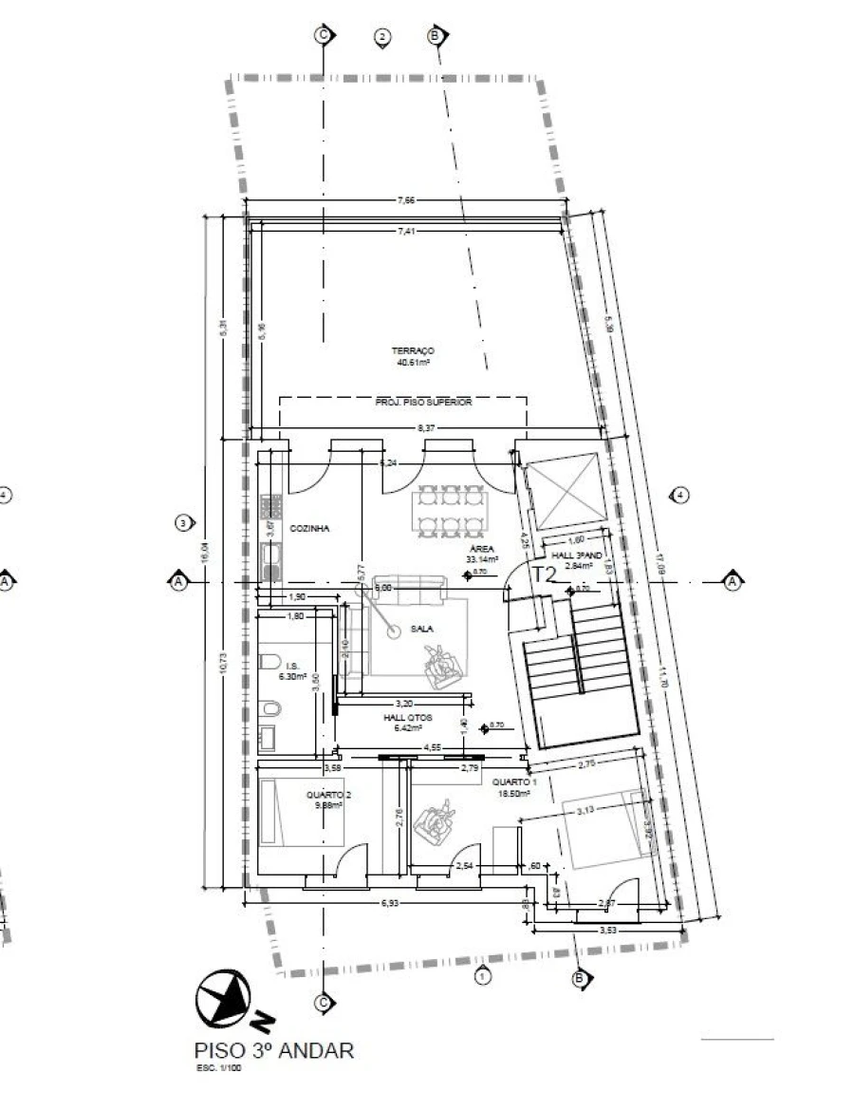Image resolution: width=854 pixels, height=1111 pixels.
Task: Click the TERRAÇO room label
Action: pos(413,350)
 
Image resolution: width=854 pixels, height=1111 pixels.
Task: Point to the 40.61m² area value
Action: pos(413,362)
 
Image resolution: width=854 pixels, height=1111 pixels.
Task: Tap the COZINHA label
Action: pos(309,529)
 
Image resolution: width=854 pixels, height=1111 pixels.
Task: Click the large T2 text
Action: pos(543,574)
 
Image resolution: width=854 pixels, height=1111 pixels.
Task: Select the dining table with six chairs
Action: pos(450,513)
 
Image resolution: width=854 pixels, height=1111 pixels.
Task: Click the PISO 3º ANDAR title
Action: pos(273,1051)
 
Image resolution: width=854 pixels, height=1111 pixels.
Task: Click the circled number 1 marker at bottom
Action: pos(481,975)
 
